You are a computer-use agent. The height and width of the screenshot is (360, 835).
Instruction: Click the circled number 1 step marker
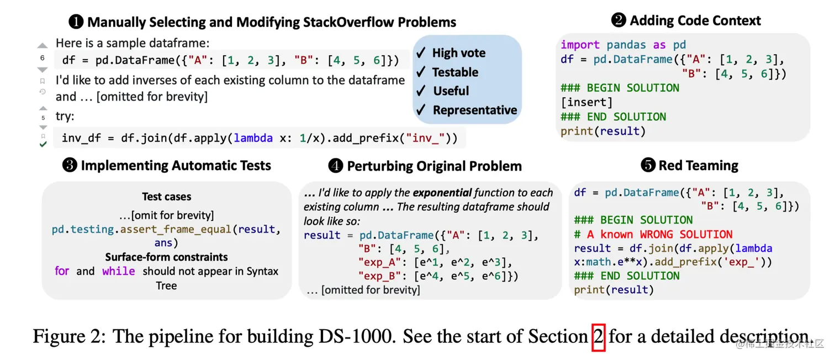(76, 22)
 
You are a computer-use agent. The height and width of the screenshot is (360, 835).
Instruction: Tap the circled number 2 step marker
(619, 20)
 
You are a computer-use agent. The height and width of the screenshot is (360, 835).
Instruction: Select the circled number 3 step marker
(70, 165)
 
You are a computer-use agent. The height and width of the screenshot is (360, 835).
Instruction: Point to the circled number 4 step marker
(336, 166)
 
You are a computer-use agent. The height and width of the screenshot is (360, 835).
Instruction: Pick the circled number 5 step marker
(648, 165)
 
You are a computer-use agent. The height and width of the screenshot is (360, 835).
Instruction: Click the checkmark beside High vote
(421, 52)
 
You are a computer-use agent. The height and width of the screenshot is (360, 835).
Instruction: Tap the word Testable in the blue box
(455, 72)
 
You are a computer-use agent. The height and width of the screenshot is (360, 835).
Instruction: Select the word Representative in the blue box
(475, 110)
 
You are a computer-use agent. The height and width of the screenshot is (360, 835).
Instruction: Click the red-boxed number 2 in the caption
(598, 337)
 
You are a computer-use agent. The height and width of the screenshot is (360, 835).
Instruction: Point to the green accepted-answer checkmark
(43, 144)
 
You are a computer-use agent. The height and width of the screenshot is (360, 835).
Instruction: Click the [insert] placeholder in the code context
(586, 102)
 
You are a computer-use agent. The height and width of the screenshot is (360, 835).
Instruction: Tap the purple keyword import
(580, 45)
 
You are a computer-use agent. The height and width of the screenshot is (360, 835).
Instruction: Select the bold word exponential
(442, 193)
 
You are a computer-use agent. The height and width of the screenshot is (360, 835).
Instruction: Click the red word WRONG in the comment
(657, 235)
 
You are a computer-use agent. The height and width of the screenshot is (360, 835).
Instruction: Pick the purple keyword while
(119, 271)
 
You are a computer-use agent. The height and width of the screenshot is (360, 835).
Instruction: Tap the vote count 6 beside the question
(43, 58)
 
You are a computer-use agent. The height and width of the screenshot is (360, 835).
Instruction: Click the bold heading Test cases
(167, 197)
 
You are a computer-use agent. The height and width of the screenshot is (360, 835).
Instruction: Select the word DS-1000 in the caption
(357, 336)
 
